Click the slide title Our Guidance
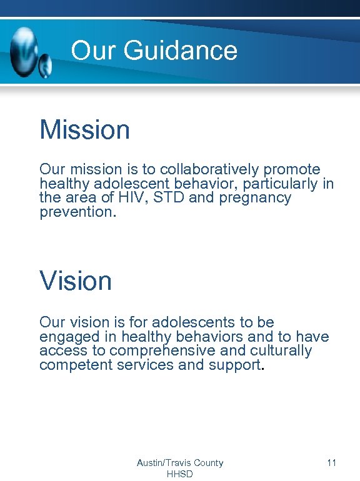(x=154, y=51)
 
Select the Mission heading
(x=84, y=130)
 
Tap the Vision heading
(x=76, y=280)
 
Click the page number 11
(x=331, y=463)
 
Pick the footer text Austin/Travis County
(x=180, y=463)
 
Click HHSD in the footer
(x=180, y=474)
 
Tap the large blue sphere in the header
(x=24, y=50)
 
